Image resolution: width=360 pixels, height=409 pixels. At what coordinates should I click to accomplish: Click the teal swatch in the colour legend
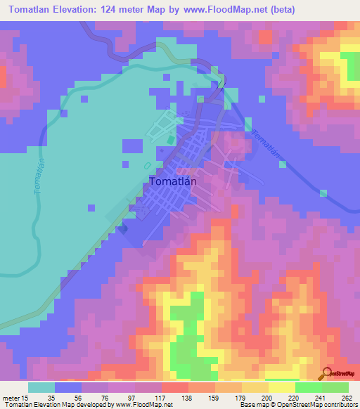click(x=41, y=388)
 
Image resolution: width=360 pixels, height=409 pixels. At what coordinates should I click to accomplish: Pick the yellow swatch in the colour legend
click(x=282, y=388)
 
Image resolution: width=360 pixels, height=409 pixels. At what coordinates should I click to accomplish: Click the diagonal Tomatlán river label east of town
click(x=266, y=145)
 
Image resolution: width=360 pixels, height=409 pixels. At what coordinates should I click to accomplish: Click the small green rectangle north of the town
click(x=170, y=139)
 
